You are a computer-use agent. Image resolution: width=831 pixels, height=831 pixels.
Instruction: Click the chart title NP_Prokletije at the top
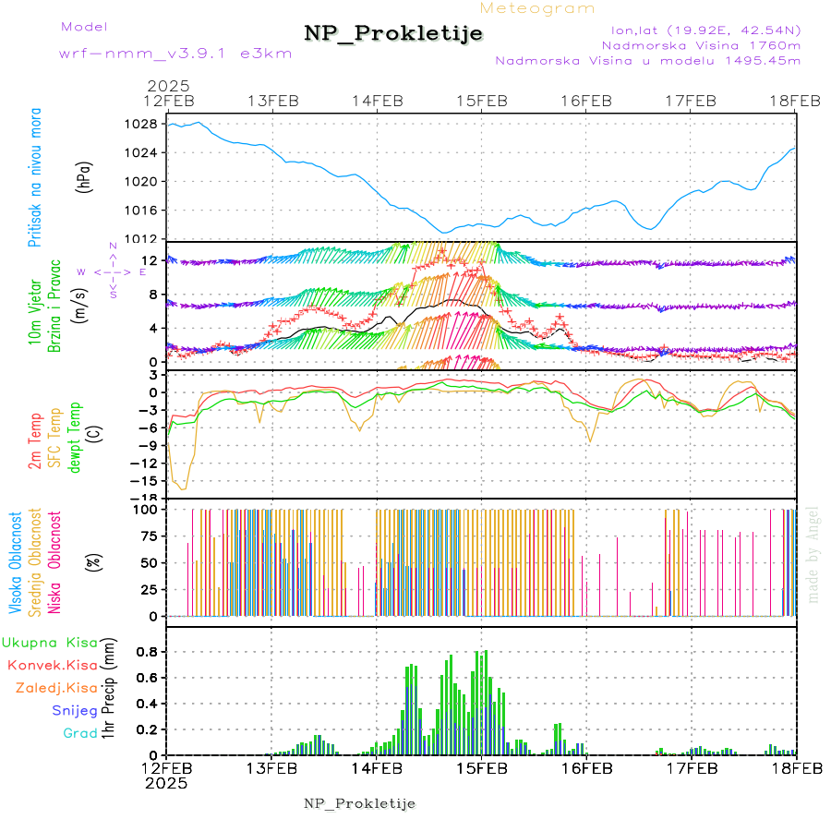[x=393, y=33]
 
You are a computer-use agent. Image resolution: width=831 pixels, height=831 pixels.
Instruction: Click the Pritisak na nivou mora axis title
[x=35, y=181]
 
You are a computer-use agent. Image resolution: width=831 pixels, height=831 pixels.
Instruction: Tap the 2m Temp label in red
[x=35, y=441]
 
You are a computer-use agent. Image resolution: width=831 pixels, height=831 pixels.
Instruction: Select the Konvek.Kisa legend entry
[x=52, y=665]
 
